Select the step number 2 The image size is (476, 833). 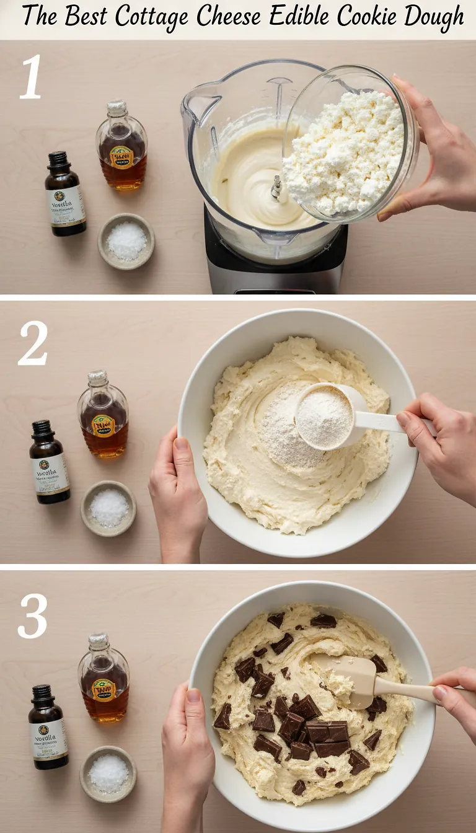tap(32, 343)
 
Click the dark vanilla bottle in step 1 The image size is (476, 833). tap(65, 195)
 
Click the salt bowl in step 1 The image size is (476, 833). tap(126, 241)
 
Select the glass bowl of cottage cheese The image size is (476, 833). tap(347, 149)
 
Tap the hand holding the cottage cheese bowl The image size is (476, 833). tap(428, 149)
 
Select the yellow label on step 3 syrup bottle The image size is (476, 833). tap(104, 690)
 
